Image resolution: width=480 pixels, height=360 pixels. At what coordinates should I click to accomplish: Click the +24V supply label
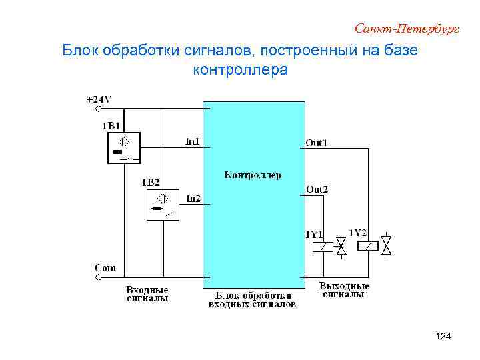point(99,99)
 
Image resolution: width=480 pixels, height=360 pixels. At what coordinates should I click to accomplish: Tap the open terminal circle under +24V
point(99,108)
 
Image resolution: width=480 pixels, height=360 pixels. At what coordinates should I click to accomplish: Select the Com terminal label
point(105,268)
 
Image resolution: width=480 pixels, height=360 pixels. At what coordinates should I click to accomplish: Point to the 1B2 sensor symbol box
point(163,204)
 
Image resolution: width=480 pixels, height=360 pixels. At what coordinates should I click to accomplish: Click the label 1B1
point(111,125)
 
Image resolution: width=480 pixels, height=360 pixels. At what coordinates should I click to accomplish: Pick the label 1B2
point(151,182)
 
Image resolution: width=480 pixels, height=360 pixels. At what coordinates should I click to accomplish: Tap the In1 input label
point(192,141)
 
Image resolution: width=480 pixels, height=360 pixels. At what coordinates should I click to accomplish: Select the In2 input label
point(193,198)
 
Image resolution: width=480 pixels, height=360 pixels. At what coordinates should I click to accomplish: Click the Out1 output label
point(317,143)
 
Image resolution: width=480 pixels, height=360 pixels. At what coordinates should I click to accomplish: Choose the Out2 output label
point(317,189)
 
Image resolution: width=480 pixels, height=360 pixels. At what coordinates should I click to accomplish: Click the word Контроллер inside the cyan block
point(253,175)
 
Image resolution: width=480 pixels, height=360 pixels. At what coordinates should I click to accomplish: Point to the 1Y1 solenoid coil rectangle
point(322,247)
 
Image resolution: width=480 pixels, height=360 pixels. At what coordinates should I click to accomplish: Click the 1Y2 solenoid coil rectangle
point(367,246)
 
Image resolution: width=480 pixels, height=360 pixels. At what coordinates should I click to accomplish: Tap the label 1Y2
point(358,233)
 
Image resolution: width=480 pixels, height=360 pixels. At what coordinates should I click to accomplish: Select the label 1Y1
point(314,234)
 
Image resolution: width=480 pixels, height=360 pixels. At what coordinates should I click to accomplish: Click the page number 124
point(443,337)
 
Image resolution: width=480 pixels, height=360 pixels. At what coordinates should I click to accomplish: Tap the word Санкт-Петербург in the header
point(407,29)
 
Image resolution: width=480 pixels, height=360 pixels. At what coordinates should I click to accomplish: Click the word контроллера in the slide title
point(240,69)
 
